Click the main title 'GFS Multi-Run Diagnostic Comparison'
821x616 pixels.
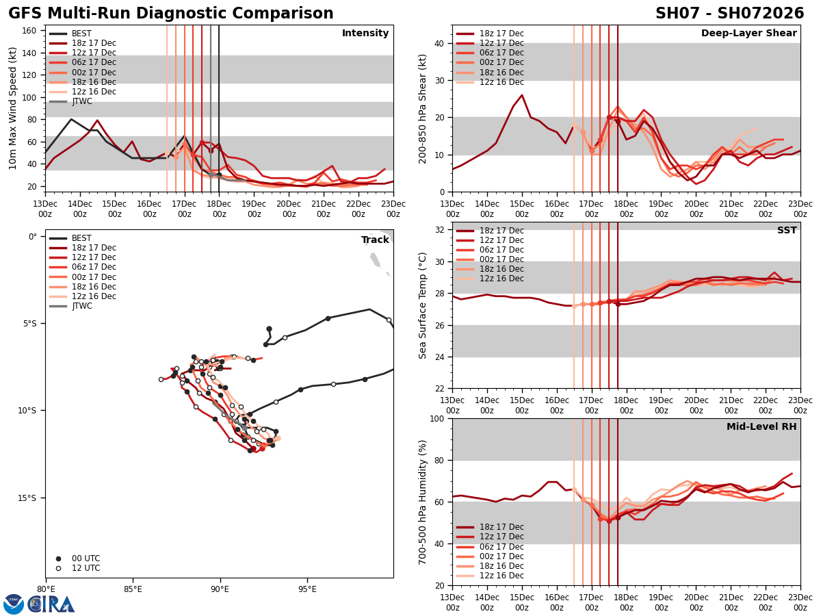[x=171, y=14]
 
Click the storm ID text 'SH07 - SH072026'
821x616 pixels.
[x=729, y=14]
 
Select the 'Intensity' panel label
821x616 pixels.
[x=365, y=34]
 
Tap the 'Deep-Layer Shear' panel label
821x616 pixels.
[x=748, y=34]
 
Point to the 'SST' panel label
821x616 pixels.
[x=787, y=231]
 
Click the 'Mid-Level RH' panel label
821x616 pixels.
[x=761, y=427]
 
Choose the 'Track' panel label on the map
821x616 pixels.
[x=374, y=240]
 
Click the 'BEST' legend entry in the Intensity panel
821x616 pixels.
[x=81, y=34]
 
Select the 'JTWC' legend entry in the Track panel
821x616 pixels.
[x=81, y=306]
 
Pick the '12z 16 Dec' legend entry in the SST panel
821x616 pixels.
[x=502, y=279]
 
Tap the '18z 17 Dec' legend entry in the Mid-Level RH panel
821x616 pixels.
[x=502, y=527]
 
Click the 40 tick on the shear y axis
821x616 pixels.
[x=439, y=43]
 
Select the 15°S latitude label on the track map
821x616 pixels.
[x=27, y=498]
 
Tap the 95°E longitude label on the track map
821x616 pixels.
[x=307, y=589]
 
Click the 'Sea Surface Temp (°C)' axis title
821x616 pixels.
[x=423, y=305]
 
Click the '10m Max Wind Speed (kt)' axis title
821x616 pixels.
[x=13, y=108]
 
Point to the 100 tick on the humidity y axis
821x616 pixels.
[x=436, y=418]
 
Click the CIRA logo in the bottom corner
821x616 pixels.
[x=51, y=604]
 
